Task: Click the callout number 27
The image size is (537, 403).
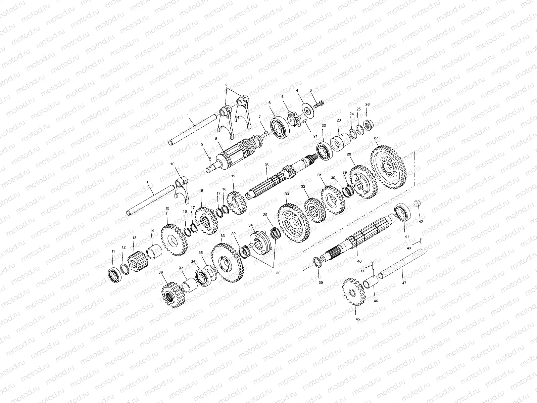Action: pos(376,138)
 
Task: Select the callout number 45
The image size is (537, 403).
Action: pos(357,319)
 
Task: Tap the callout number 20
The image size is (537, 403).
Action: pos(267,164)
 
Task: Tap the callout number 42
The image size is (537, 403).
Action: pos(421,222)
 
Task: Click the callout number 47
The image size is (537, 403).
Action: pos(404,283)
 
